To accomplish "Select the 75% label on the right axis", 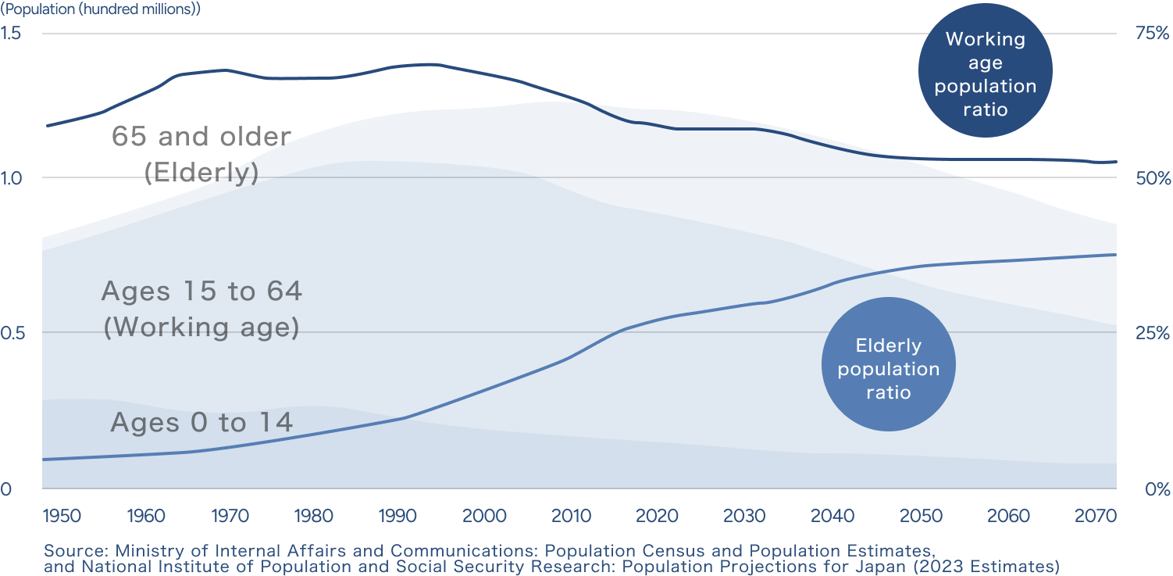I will tap(1153, 34).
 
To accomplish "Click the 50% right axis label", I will tap(1153, 178).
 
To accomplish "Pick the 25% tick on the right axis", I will tap(1153, 333).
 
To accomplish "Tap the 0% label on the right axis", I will tap(1157, 490).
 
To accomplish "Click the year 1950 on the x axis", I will tap(61, 516).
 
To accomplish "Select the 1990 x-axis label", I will tap(399, 516).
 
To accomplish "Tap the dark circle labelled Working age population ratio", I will tap(986, 73).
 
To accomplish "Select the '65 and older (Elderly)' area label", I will tap(201, 154).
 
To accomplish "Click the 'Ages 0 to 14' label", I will tap(201, 423).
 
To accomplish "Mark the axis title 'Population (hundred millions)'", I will tap(101, 10).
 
